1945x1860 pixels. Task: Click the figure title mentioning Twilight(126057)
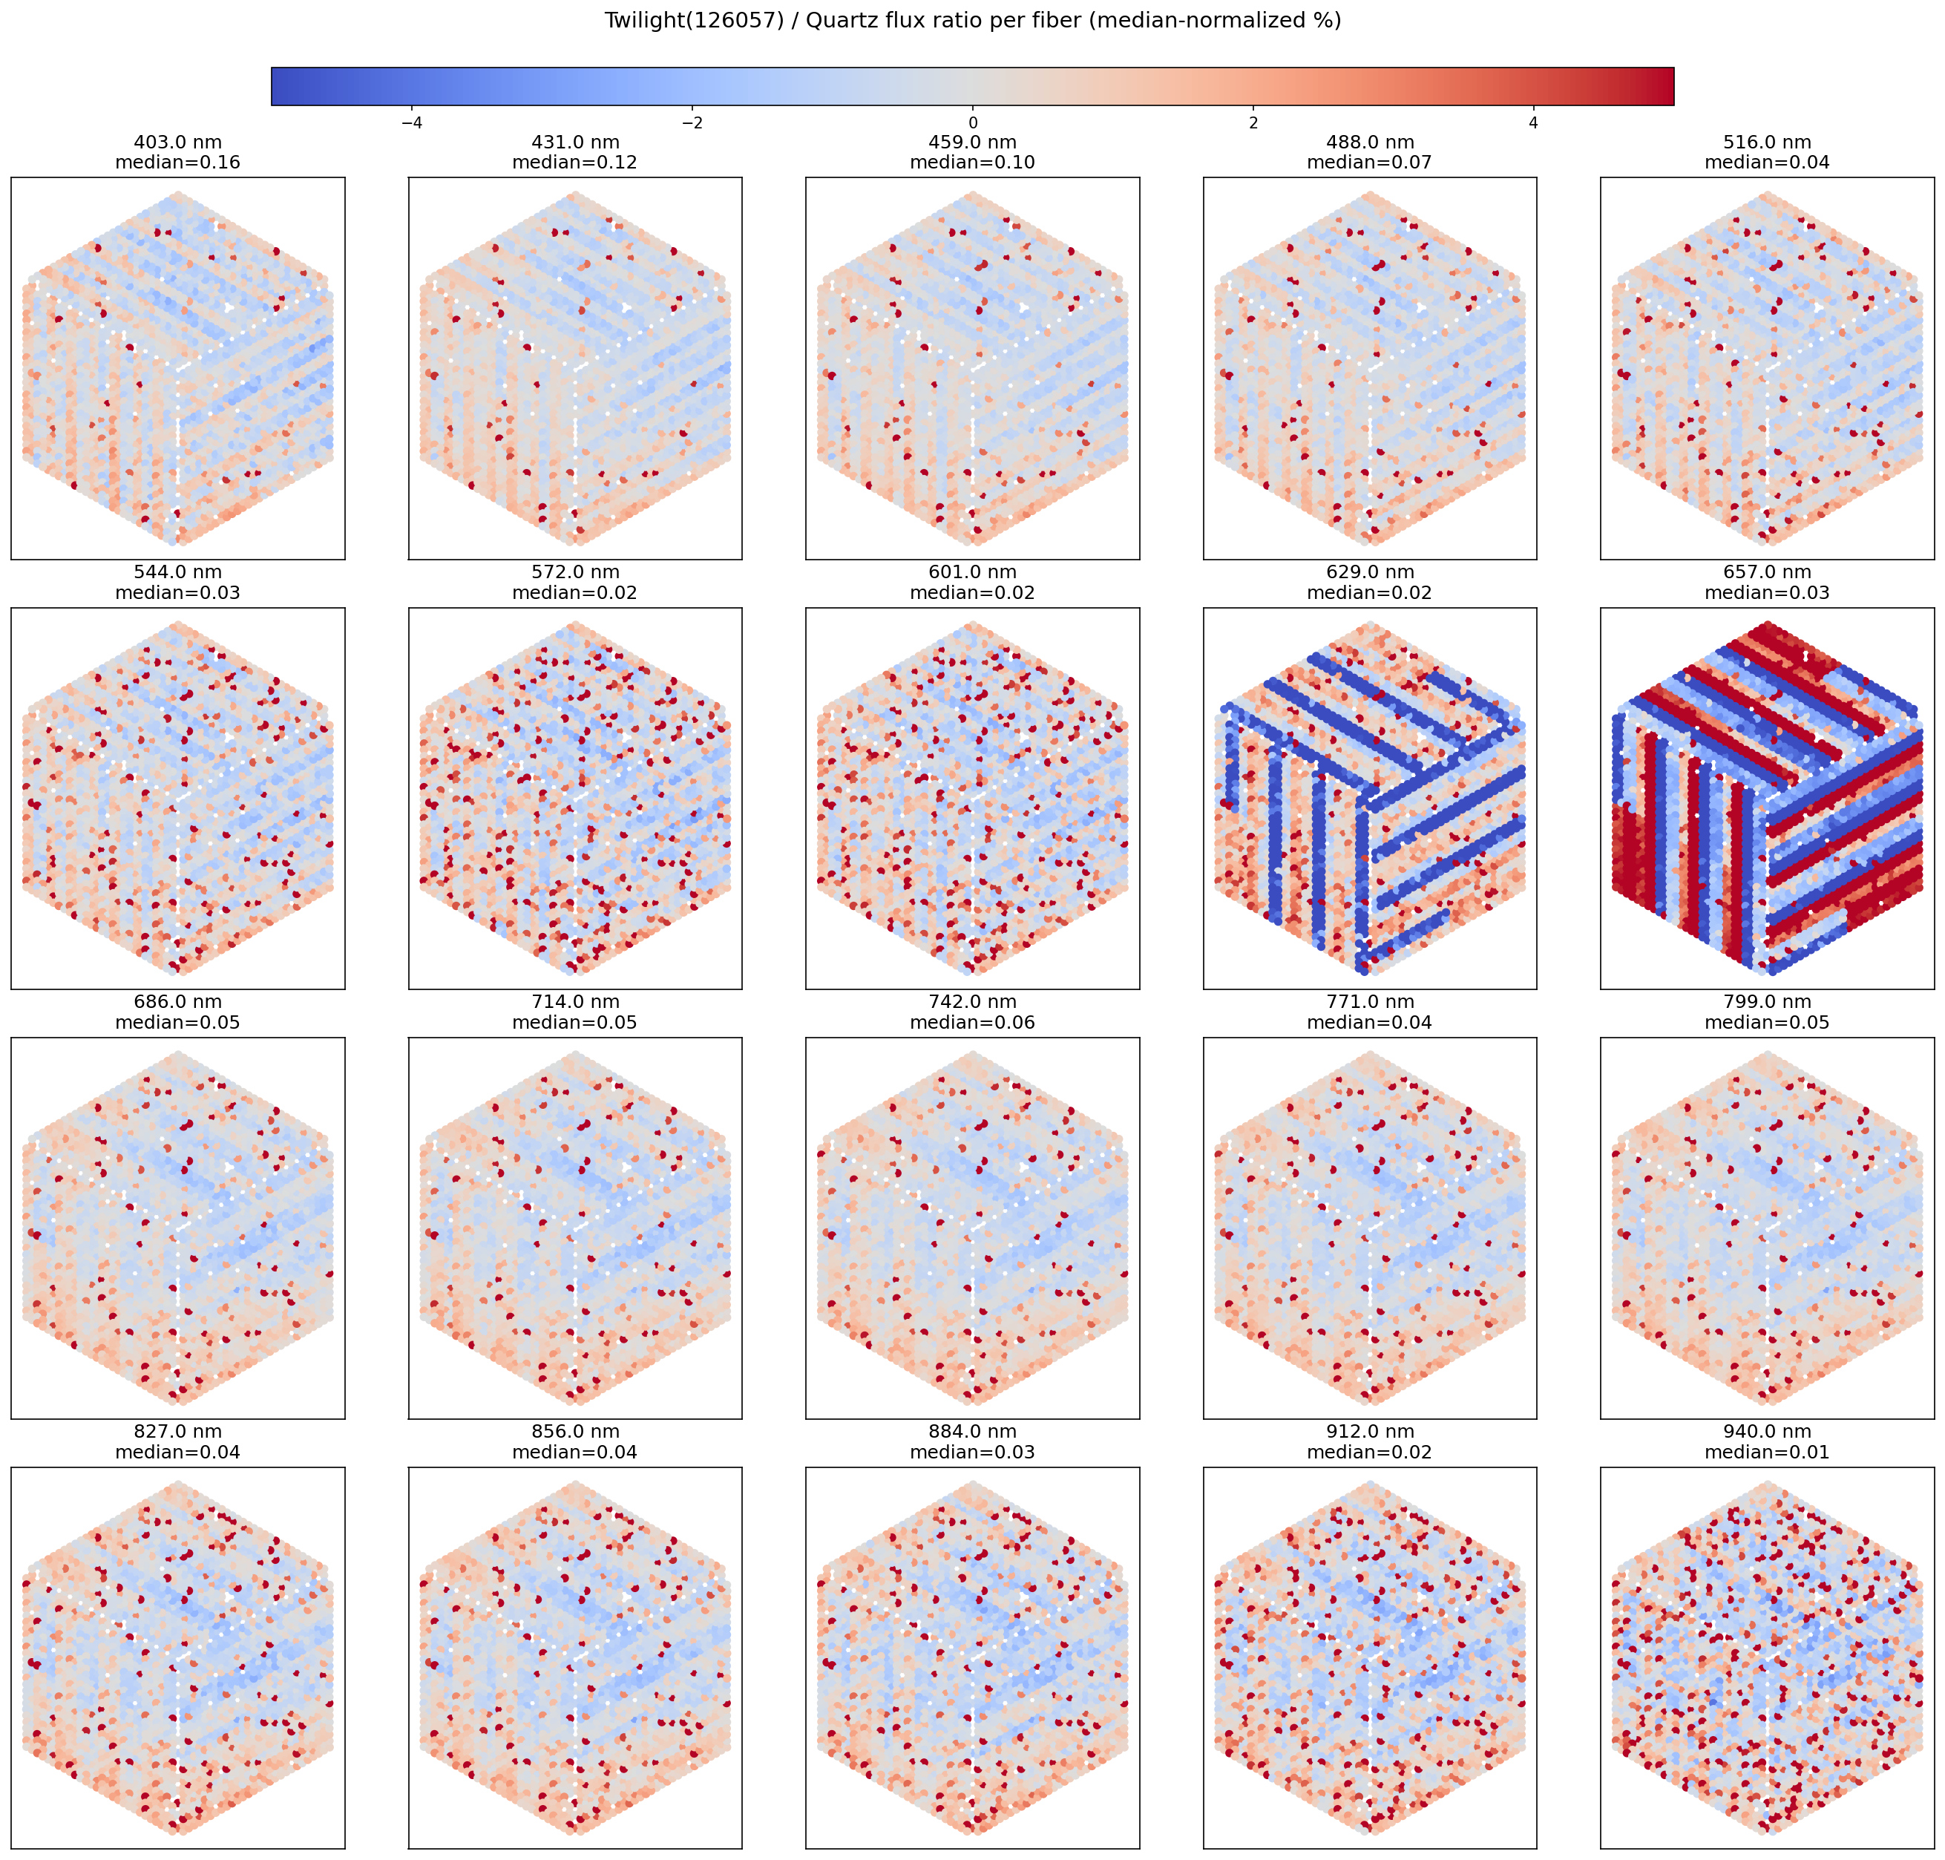coord(971,21)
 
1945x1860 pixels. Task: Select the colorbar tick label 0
coord(972,123)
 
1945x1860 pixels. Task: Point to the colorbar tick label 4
coord(1534,123)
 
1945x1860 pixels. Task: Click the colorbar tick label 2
coord(1253,123)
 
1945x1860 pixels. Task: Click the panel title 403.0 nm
coord(177,143)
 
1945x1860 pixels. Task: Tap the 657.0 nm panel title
coord(1767,572)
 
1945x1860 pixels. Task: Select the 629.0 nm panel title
coord(1369,572)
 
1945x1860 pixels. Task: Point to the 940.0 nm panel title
coord(1767,1432)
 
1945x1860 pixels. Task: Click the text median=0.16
coord(177,163)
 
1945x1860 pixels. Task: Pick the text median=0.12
coord(575,163)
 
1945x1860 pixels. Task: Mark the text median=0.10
coord(972,163)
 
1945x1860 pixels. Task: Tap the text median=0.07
coord(1369,163)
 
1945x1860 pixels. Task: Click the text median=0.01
coord(1767,1453)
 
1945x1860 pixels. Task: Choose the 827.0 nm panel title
coord(177,1432)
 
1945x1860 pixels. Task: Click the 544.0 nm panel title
coord(177,572)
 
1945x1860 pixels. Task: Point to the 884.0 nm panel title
coord(972,1432)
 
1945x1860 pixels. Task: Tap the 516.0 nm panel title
coord(1767,143)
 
